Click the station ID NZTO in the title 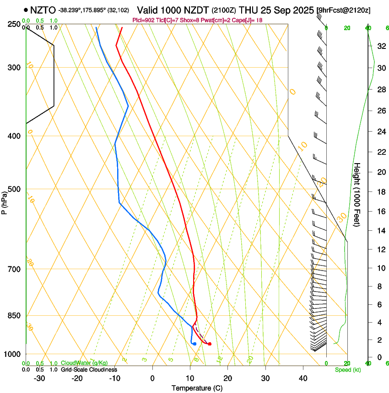pyautogui.click(x=43, y=10)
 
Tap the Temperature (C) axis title pyautogui.click(x=197, y=388)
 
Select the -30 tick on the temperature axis pyautogui.click(x=39, y=378)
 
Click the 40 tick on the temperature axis pyautogui.click(x=303, y=378)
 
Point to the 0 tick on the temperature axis pyautogui.click(x=153, y=378)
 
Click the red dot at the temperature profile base pyautogui.click(x=210, y=344)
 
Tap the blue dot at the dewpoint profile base pyautogui.click(x=194, y=344)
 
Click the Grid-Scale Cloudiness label pyautogui.click(x=89, y=370)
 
